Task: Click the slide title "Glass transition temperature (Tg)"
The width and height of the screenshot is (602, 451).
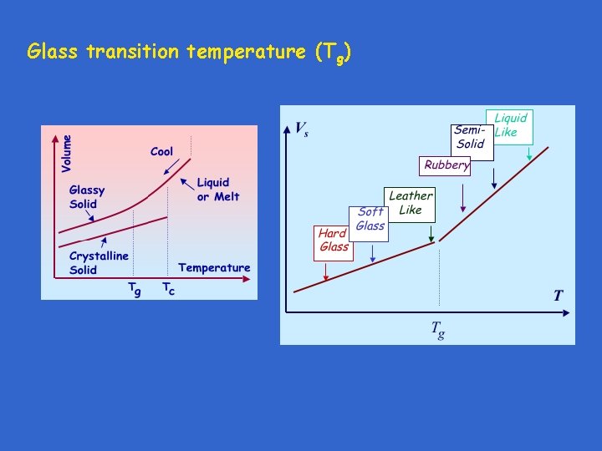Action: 189,53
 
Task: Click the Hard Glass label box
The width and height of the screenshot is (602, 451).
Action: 334,240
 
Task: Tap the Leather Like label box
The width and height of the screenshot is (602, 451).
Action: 410,203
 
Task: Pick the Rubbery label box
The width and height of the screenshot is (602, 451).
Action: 446,165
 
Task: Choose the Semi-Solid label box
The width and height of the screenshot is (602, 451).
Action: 469,137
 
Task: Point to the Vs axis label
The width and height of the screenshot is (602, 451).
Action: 302,129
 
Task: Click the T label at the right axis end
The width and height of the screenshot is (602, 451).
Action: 559,296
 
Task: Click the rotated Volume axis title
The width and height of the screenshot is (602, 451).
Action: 67,154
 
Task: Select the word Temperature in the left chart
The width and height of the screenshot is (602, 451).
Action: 214,267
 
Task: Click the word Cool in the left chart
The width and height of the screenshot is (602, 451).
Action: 161,151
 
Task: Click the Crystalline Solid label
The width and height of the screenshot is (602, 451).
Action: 99,262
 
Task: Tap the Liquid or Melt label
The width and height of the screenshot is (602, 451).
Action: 217,190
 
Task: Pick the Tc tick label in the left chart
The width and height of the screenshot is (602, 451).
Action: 168,289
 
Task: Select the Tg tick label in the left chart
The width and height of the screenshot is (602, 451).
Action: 134,289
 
